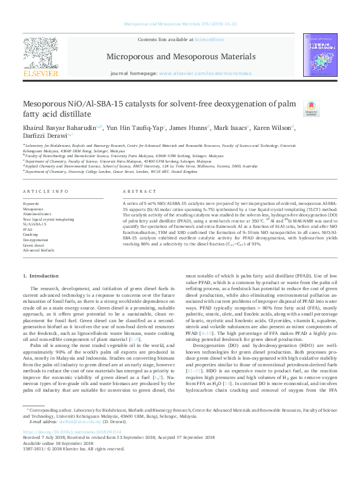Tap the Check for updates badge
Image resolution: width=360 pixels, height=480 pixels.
[328, 108]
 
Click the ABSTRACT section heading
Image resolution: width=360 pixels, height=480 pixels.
[135, 192]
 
